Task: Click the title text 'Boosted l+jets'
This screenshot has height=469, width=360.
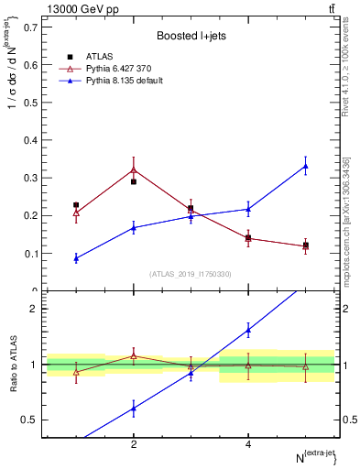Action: click(191, 36)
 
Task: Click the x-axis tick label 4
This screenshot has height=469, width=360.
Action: click(248, 444)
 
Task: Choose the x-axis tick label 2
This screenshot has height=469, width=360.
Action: click(134, 444)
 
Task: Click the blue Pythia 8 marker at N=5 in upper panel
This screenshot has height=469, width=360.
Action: click(306, 166)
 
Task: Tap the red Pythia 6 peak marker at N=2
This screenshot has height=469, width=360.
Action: click(134, 169)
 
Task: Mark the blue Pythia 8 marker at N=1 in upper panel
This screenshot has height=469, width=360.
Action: click(76, 258)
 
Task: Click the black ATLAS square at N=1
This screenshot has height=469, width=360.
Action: click(76, 205)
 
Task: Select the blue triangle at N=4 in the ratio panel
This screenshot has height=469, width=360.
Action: click(248, 330)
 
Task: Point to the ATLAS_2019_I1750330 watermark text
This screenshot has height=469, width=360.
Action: click(191, 274)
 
